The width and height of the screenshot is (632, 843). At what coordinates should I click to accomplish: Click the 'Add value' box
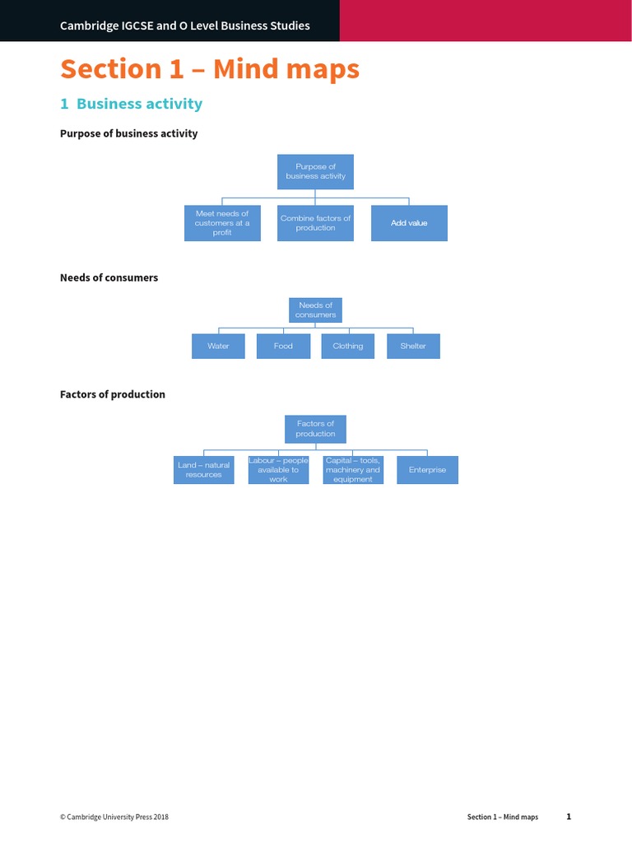coord(409,223)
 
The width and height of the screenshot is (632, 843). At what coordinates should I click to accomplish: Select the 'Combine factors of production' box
coord(315,223)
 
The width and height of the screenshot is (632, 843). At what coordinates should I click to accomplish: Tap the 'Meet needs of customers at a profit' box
coord(222,223)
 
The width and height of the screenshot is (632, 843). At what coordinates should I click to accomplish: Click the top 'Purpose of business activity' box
coord(315,171)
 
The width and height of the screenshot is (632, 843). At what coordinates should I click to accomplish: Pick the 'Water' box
coord(218,346)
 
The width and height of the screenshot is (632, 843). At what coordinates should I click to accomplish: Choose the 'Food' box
coord(283,346)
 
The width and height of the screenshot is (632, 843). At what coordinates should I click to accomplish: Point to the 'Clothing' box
coord(347,346)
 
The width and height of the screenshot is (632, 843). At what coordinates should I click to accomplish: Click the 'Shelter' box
coord(413,346)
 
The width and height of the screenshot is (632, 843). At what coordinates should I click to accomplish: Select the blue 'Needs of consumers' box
coord(315,310)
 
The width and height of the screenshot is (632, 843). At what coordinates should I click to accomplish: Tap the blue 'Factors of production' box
coord(315,429)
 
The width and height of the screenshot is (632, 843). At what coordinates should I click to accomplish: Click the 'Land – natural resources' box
coord(203,470)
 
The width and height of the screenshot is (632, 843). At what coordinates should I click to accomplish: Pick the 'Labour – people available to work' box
coord(278,470)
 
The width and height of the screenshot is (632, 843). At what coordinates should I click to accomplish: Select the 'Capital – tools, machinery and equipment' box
coord(353,470)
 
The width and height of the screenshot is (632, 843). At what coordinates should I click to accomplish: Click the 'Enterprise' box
coord(427,470)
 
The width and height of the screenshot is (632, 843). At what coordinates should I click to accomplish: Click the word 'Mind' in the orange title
coord(248,69)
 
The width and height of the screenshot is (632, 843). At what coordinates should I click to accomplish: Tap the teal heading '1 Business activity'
coord(131,104)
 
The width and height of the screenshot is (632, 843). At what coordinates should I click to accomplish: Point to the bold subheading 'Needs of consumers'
coord(109,277)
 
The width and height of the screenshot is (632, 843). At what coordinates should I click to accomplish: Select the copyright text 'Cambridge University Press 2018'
coord(117,817)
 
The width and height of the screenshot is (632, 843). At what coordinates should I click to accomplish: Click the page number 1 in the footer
coord(568,817)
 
